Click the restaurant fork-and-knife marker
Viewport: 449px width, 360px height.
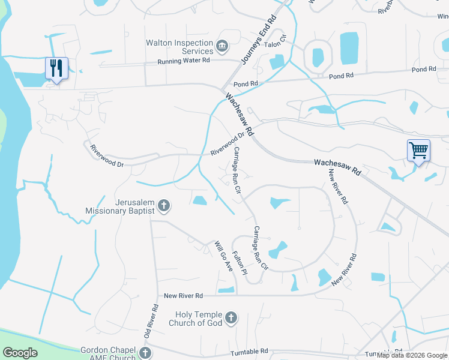pos(57,68)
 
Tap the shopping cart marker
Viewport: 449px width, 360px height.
pos(418,150)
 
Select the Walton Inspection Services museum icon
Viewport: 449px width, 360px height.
pos(222,46)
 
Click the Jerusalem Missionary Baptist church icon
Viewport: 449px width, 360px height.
pos(164,207)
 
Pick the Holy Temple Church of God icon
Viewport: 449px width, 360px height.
pos(231,318)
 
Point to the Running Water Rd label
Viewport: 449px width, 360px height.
pos(184,61)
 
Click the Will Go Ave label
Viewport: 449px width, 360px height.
pos(224,256)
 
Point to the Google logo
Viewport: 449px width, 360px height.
pos(20,353)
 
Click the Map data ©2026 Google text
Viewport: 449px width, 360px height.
pos(412,355)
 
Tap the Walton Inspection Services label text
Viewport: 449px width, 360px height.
pos(180,47)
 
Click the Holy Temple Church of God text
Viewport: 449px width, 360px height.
pos(199,319)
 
